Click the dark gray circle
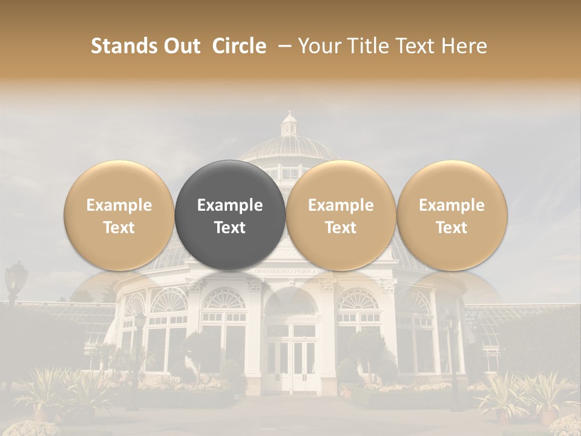[x=230, y=215]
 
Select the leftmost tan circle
[x=119, y=215]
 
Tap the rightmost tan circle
[x=451, y=215]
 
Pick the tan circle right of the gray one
[x=341, y=215]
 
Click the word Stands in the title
[x=122, y=46]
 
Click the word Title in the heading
[x=374, y=46]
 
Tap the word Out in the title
[x=181, y=46]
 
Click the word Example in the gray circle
[x=230, y=205]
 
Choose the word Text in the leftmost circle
[x=119, y=228]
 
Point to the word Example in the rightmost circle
[x=451, y=205]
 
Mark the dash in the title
[x=283, y=46]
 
